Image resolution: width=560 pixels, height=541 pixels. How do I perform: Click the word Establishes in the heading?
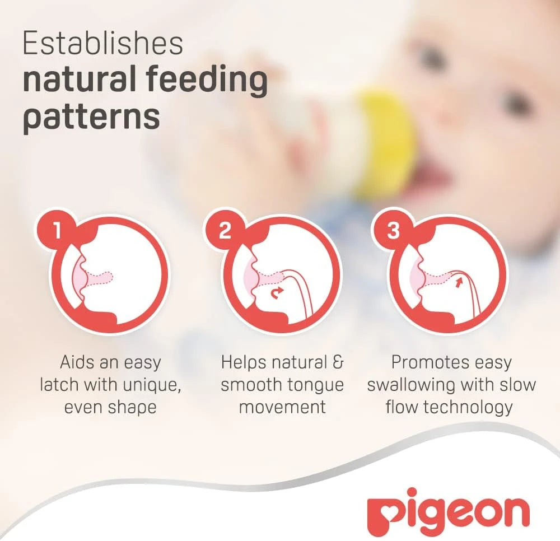pyautogui.click(x=103, y=44)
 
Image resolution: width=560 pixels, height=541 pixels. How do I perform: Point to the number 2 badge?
pyautogui.click(x=224, y=231)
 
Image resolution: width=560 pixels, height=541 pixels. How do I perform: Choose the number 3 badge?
pyautogui.click(x=393, y=231)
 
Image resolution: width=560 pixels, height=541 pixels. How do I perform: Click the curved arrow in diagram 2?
pyautogui.click(x=277, y=293)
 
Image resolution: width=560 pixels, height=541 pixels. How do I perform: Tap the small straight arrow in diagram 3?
pyautogui.click(x=459, y=283)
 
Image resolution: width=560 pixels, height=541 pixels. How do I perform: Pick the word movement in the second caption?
pyautogui.click(x=282, y=408)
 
